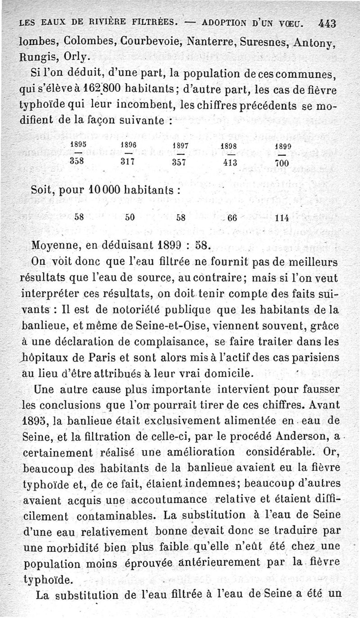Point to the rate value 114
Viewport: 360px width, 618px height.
[x=282, y=217]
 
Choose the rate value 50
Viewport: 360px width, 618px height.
[x=130, y=217]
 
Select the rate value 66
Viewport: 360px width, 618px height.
[x=232, y=217]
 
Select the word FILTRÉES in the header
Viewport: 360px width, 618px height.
[x=148, y=22]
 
